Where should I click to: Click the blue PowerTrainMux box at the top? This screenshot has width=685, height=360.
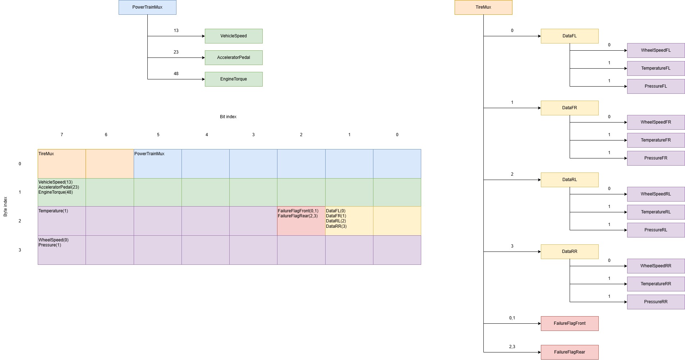pos(147,7)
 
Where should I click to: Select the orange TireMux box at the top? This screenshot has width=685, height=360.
pos(483,7)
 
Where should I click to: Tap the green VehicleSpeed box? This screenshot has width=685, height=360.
pos(234,36)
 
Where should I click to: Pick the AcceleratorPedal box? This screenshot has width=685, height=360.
pos(234,57)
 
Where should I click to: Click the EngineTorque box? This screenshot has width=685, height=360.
pos(234,79)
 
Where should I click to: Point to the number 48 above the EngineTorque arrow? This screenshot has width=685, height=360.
pos(176,74)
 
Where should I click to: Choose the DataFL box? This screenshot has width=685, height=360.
pos(570,36)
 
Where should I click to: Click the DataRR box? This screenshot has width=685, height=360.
pos(570,251)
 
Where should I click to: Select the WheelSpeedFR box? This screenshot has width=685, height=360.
pos(656,122)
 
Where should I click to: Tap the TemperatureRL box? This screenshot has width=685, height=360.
pos(656,212)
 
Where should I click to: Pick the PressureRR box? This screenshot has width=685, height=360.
pos(656,302)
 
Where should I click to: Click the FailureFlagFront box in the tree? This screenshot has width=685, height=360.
pos(570,323)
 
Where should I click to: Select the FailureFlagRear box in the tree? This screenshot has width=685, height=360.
pos(570,352)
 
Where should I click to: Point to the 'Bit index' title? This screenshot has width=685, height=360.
pos(228,117)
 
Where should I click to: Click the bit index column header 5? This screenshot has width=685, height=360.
pos(158,135)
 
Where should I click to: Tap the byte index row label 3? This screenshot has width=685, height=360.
pos(20,250)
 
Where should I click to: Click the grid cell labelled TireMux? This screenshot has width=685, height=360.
pos(62,164)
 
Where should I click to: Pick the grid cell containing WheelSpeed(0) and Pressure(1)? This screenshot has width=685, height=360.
pos(62,250)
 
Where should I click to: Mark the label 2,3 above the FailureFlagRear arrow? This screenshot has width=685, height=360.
pos(512,347)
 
